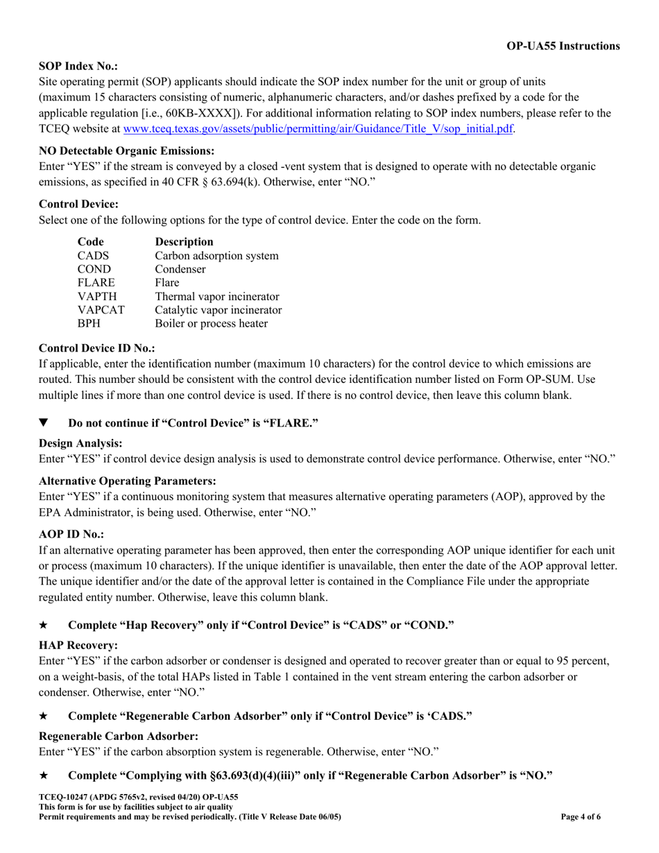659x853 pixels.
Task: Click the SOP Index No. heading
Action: pyautogui.click(x=78, y=66)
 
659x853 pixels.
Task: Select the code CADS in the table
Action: pyautogui.click(x=94, y=256)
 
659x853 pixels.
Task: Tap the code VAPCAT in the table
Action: pyautogui.click(x=101, y=310)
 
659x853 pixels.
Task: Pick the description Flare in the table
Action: pyautogui.click(x=167, y=283)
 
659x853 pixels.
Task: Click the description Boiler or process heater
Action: pyautogui.click(x=211, y=324)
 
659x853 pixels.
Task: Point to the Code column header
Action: pyautogui.click(x=91, y=242)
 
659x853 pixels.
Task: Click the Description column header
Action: pyautogui.click(x=184, y=242)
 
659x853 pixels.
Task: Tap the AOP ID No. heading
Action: pyautogui.click(x=71, y=534)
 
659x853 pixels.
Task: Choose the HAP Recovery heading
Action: pyautogui.click(x=78, y=645)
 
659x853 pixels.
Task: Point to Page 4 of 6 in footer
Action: pyautogui.click(x=581, y=817)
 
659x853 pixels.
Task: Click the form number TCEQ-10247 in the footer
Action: pyautogui.click(x=63, y=798)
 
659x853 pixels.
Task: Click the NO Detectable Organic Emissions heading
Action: pyautogui.click(x=126, y=150)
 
